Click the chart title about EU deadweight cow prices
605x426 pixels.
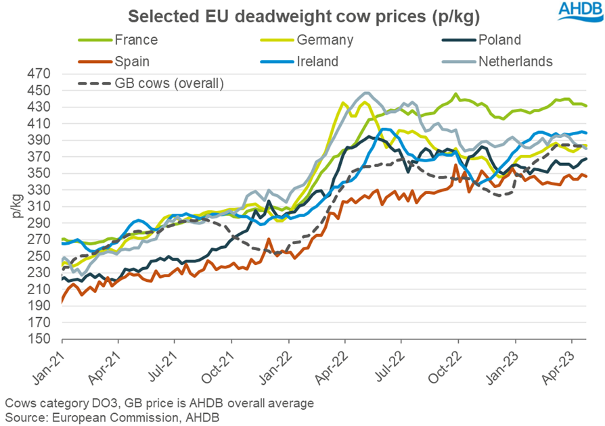pyautogui.click(x=302, y=15)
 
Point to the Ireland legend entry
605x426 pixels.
pyautogui.click(x=315, y=62)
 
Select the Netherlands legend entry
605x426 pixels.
pyautogui.click(x=515, y=62)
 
